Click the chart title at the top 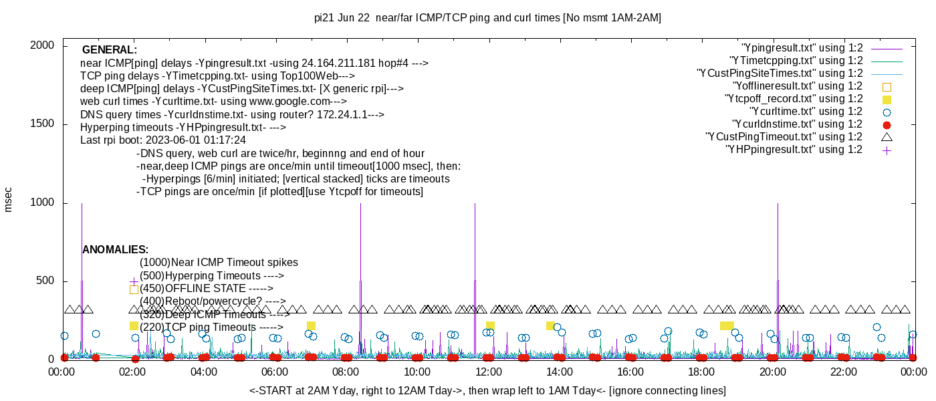[x=487, y=18]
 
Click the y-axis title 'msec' [x=9, y=199]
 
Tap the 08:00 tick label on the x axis [x=346, y=372]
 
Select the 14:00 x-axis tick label [x=559, y=372]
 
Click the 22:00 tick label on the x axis [x=844, y=372]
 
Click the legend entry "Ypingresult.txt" [x=802, y=48]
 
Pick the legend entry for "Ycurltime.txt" [x=806, y=112]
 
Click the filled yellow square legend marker [x=887, y=99]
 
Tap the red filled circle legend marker [x=887, y=124]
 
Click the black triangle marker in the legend [x=887, y=137]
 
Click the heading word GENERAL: [x=110, y=50]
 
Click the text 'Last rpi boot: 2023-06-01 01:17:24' [x=163, y=140]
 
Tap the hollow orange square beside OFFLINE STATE [x=134, y=289]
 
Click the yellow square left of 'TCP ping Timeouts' [x=134, y=325]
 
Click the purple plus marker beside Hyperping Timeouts [x=134, y=281]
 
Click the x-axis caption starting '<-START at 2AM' [x=487, y=390]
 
